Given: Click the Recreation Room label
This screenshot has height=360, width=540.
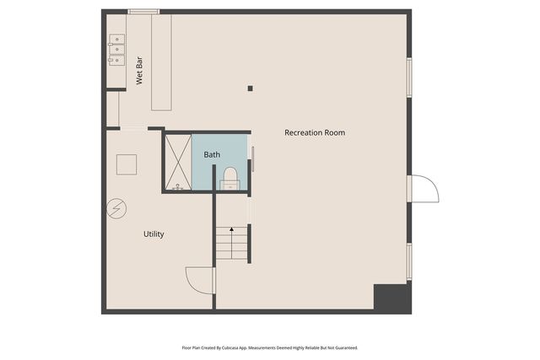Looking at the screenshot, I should tap(314, 132).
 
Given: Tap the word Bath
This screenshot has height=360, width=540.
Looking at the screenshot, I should tap(212, 154).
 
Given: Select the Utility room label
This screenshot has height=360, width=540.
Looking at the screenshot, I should tap(153, 234).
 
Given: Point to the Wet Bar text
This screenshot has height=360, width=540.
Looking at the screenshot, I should tap(140, 71).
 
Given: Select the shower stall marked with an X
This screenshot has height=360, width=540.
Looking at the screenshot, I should tap(177, 161).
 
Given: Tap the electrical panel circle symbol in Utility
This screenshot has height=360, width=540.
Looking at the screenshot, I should tap(115, 209).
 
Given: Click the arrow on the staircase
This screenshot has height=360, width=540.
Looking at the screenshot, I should tap(232, 232).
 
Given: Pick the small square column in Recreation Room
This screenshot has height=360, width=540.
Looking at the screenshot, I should tap(250, 88).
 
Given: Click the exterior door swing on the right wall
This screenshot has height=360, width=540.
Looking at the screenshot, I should tap(424, 189).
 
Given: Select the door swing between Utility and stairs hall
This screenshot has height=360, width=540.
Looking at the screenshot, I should tap(200, 280).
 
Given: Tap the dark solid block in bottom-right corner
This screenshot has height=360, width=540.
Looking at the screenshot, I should tap(391, 297).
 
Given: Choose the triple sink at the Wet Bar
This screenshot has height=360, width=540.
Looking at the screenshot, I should tap(116, 50).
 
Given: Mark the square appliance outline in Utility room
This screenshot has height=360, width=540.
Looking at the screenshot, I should tap(127, 164).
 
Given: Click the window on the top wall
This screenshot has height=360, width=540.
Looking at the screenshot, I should tap(143, 11).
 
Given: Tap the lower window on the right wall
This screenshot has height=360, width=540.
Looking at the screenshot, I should tap(409, 261).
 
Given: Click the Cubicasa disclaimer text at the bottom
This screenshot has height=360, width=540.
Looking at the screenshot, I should tap(270, 347).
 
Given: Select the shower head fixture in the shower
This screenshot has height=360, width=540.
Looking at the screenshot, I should tap(178, 187).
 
